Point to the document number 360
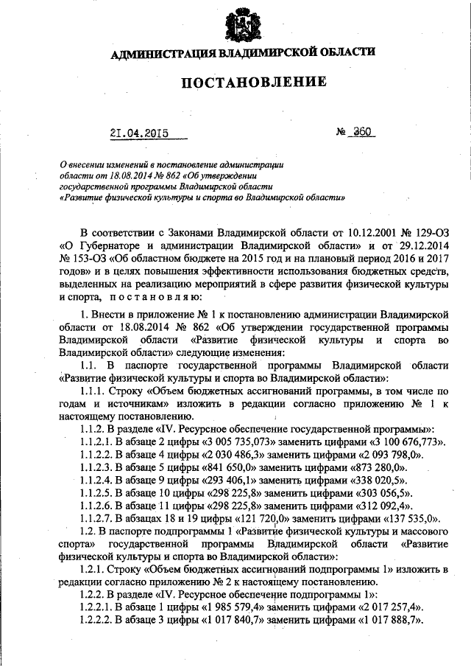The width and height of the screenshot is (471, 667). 363,133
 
